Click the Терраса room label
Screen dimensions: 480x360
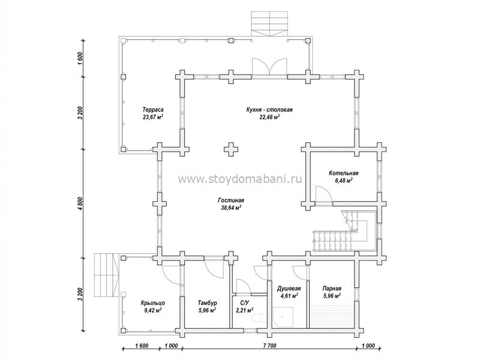tap(153, 110)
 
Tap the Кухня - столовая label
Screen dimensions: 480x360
tap(269, 110)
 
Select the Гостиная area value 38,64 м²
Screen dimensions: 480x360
tap(231, 208)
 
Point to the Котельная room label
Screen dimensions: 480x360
tap(343, 173)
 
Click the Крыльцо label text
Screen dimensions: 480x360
tap(153, 303)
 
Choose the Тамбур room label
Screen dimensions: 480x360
tap(207, 303)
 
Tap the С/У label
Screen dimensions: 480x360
tap(244, 303)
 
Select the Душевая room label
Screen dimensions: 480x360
tap(289, 289)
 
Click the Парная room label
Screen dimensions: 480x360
tap(332, 289)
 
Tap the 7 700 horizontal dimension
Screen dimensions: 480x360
tap(269, 346)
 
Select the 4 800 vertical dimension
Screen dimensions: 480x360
tap(80, 203)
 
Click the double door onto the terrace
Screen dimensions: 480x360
tap(269, 66)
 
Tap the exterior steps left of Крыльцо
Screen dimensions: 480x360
tap(106, 275)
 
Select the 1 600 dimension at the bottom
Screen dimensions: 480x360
tap(142, 346)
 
